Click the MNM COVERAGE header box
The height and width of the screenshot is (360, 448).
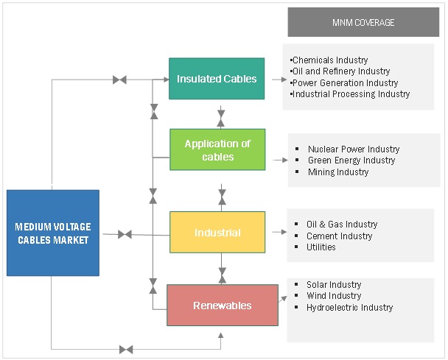(x=363, y=22)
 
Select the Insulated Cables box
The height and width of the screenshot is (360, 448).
(x=216, y=78)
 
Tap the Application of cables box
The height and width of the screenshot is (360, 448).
(x=217, y=149)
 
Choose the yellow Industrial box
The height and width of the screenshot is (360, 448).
(x=217, y=233)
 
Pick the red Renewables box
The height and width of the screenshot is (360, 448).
(x=222, y=305)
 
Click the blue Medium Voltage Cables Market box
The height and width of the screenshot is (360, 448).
(x=52, y=233)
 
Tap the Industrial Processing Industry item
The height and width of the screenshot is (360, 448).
(x=350, y=94)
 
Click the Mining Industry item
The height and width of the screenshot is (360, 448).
(x=338, y=172)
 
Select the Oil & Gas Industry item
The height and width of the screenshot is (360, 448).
(x=342, y=225)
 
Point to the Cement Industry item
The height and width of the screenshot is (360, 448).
(x=340, y=236)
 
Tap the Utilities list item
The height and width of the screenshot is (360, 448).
(x=321, y=247)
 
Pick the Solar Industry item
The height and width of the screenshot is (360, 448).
(x=334, y=285)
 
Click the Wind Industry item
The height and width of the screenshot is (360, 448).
(x=334, y=296)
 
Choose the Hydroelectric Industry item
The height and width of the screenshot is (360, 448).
(x=350, y=308)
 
